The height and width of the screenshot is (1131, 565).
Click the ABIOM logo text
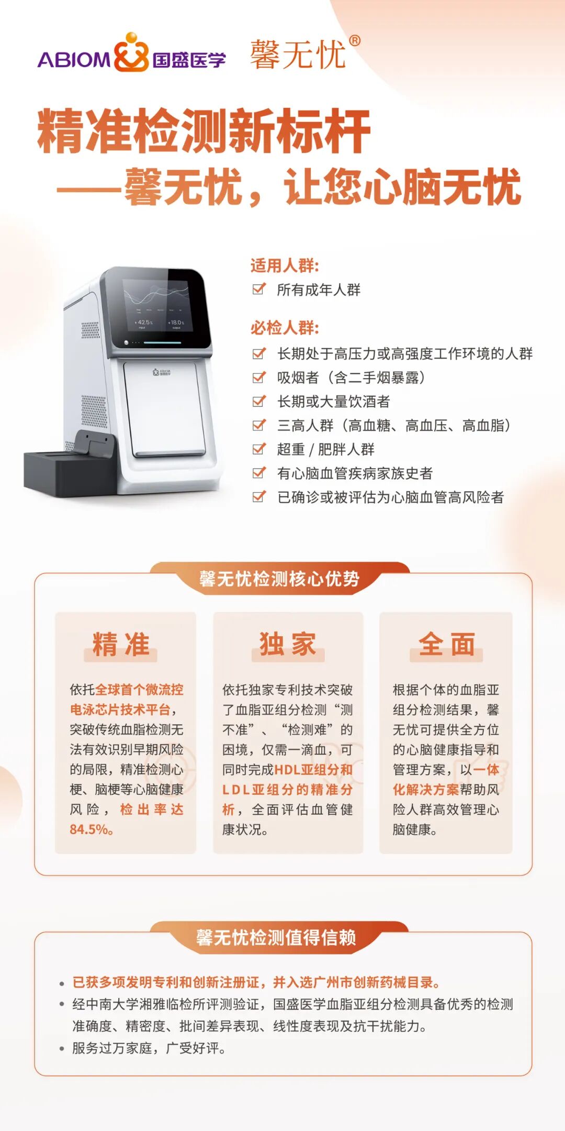coord(74,60)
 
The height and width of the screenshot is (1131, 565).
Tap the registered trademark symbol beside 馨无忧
coord(354,41)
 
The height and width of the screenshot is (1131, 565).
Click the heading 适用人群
coord(285,265)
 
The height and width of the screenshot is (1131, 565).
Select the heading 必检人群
coord(285,328)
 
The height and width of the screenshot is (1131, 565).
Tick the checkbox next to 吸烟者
coord(259,377)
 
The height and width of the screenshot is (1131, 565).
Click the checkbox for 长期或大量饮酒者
coord(259,401)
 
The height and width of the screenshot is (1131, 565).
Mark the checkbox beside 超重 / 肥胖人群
coord(259,449)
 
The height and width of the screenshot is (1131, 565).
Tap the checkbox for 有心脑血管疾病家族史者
coord(259,473)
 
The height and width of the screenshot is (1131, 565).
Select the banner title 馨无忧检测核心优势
coord(279,579)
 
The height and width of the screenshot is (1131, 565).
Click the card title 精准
coord(121,644)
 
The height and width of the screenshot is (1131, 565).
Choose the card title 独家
coord(288,644)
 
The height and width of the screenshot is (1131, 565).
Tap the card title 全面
coord(446,644)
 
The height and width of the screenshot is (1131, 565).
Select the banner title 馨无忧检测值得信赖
coord(276,937)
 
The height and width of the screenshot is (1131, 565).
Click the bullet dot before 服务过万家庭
coord(62,1049)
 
